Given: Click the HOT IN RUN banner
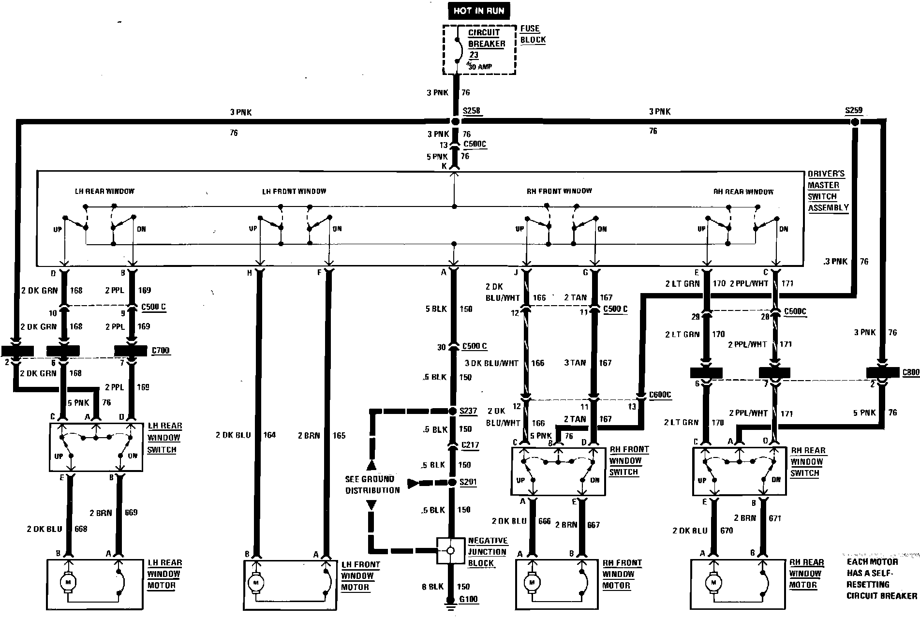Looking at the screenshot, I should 478,11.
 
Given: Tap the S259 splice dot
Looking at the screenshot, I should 855,123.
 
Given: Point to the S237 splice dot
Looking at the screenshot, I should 453,412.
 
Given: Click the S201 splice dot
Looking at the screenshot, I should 453,483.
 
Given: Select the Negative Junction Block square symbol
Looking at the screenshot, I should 450,550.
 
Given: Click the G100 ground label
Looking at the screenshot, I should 468,600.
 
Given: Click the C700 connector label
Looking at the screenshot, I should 161,351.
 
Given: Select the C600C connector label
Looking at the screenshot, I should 661,395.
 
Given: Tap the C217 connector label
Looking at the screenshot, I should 470,445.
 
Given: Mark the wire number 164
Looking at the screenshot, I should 269,435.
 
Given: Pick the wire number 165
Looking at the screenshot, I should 339,436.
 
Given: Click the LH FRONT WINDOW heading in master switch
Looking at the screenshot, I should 294,192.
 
